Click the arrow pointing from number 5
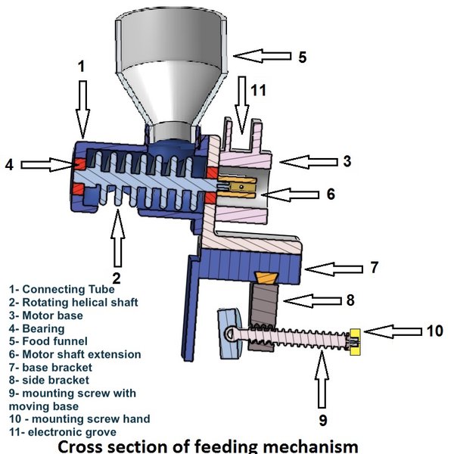pyautogui.click(x=262, y=55)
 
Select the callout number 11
pyautogui.click(x=258, y=91)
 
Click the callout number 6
pyautogui.click(x=330, y=193)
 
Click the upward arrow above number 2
pyautogui.click(x=117, y=243)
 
